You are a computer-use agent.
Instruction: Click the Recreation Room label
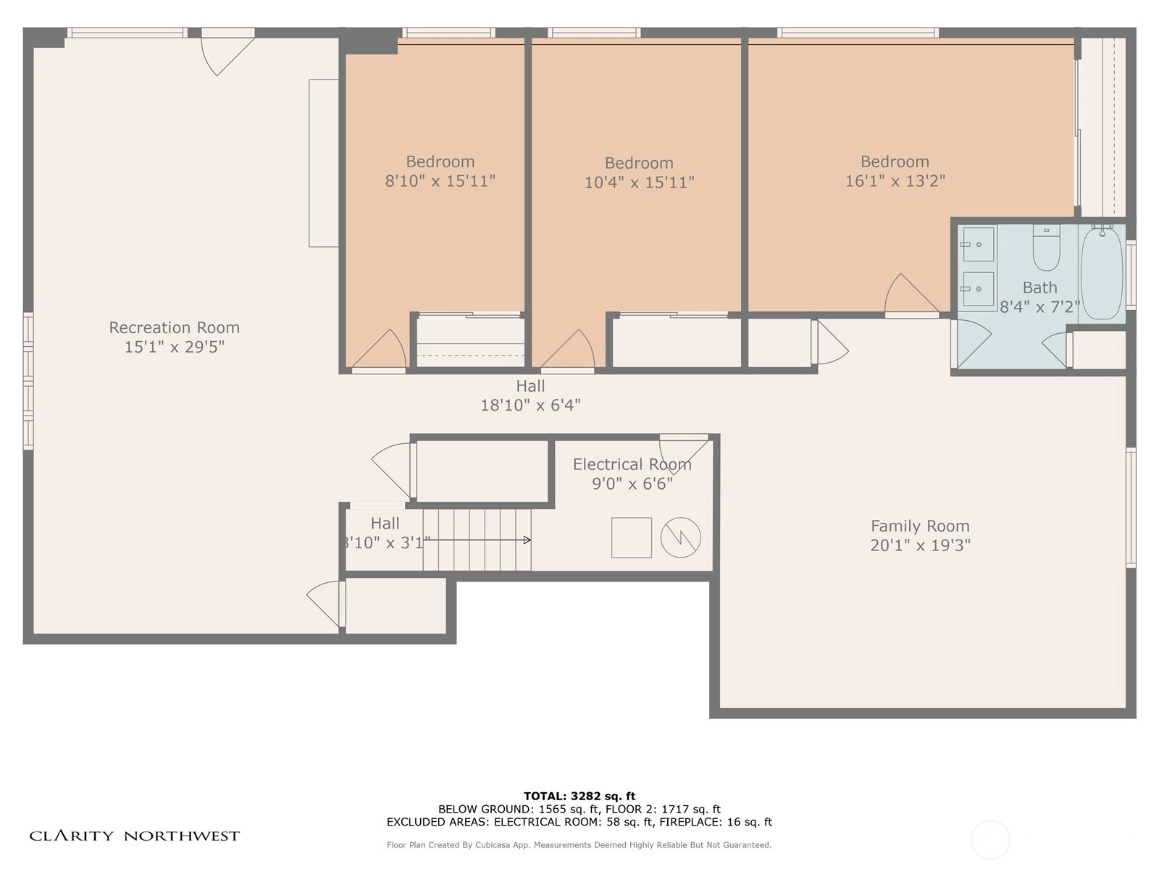point(175,327)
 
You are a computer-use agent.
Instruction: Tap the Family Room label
point(920,526)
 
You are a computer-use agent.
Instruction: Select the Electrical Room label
point(632,464)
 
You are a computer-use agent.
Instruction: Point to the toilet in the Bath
point(1046,248)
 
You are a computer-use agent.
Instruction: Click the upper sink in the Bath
point(979,244)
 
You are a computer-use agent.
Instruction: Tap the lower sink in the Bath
point(979,289)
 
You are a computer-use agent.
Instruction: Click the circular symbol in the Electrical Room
point(681,537)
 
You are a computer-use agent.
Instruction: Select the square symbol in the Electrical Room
point(632,537)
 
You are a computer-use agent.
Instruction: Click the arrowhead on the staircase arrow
point(527,540)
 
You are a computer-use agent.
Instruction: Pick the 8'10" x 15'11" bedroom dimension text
point(440,181)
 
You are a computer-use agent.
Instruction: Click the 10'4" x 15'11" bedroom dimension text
point(639,182)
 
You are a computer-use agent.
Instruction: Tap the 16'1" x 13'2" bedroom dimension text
point(895,181)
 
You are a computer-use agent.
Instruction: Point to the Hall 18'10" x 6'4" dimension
point(530,406)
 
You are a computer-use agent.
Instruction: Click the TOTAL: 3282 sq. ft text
point(579,796)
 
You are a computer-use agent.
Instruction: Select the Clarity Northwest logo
point(134,836)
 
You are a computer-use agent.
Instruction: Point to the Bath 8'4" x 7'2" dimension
point(1039,307)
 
